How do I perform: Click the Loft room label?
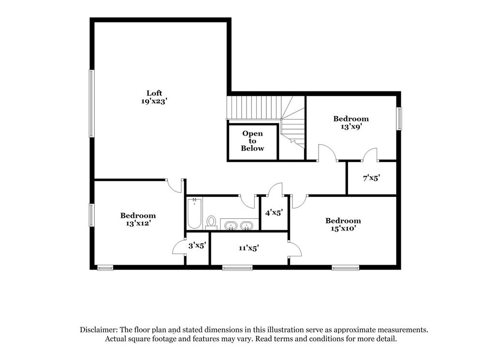154,93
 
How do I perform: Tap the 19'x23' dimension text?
154,102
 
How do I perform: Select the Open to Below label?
252,141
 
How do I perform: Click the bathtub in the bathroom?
194,213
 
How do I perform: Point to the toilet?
211,223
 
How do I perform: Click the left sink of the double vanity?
231,225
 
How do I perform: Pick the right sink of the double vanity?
246,225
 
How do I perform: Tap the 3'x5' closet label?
197,245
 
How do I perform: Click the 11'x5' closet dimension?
249,248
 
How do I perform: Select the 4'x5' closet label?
274,213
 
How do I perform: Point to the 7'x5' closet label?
371,178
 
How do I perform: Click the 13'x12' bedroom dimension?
138,224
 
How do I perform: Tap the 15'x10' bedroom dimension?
344,228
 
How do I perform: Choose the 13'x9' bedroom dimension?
351,127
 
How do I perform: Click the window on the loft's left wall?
91,104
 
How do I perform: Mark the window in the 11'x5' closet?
237,268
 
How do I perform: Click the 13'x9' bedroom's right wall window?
399,119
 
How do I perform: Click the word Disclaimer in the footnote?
99,330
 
